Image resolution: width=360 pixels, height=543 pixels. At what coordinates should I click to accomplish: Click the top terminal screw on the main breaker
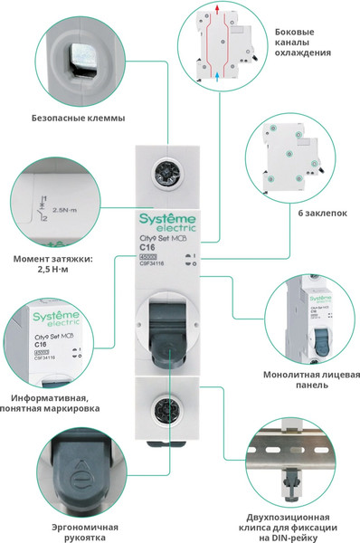(x=166, y=170)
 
